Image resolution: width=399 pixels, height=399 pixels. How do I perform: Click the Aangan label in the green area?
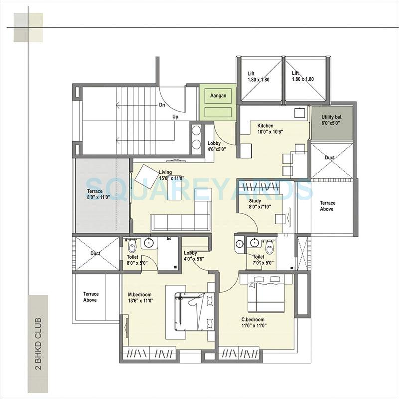tap(218, 95)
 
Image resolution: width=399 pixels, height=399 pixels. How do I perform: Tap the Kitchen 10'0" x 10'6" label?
tap(269, 128)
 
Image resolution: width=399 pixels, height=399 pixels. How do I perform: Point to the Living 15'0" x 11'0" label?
tap(172, 175)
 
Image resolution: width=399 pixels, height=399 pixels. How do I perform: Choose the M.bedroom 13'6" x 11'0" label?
tap(140, 297)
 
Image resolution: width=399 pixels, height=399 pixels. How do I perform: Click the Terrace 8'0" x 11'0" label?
tap(95, 194)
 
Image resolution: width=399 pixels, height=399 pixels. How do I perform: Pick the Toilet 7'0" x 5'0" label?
tap(262, 260)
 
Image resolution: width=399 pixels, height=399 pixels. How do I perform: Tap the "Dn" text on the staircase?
tap(162, 105)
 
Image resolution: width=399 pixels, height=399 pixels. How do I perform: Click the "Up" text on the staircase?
tap(176, 117)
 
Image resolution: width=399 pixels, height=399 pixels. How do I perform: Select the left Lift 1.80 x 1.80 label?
tap(259, 76)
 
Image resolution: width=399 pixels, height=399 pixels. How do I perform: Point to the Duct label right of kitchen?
tap(330, 158)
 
